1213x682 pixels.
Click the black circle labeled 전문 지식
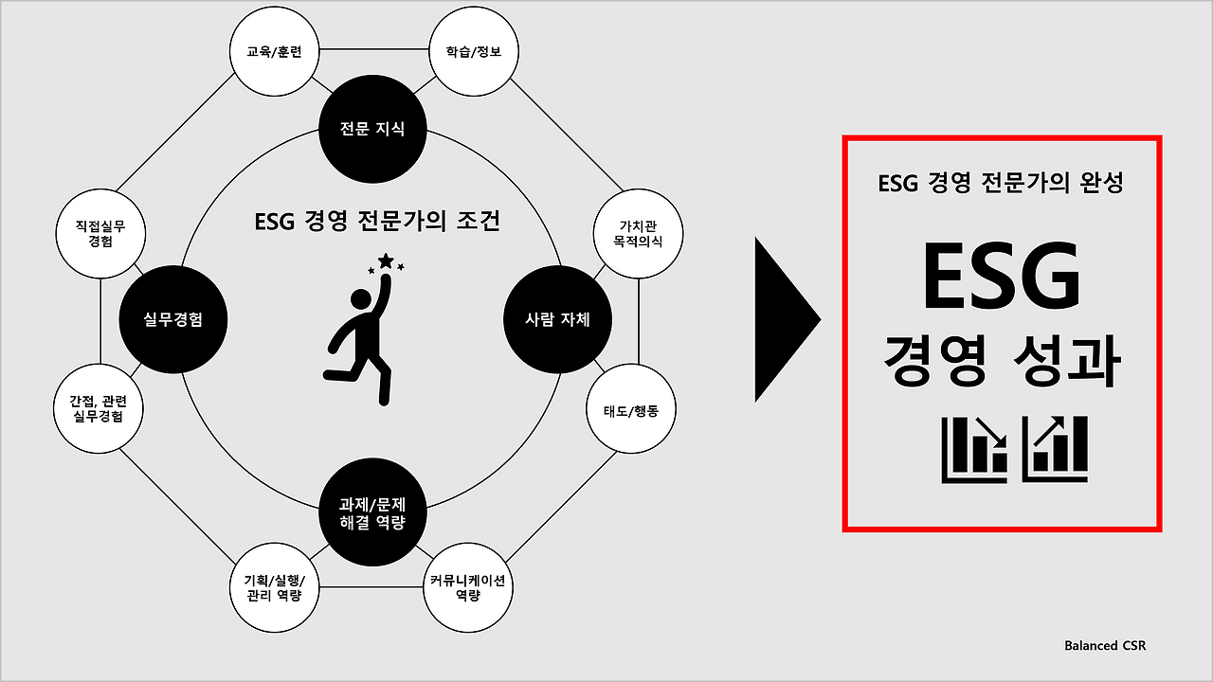[372, 129]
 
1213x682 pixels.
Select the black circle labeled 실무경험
[173, 319]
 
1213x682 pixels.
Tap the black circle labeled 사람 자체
[557, 319]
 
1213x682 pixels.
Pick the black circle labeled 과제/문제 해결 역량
[372, 513]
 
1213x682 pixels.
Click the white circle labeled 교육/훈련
[274, 52]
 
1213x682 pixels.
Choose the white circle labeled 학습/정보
[473, 52]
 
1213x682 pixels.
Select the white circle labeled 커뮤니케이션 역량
[467, 587]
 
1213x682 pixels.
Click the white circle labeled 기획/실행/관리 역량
[274, 587]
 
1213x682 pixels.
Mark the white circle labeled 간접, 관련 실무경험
[99, 408]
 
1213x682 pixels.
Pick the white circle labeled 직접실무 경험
[99, 233]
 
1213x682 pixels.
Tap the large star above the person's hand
[386, 260]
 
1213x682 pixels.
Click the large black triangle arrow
[786, 320]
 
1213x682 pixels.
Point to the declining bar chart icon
[974, 448]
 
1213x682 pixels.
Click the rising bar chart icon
[1054, 448]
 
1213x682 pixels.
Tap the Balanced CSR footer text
[1105, 646]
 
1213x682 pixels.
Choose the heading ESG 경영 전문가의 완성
[1001, 183]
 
